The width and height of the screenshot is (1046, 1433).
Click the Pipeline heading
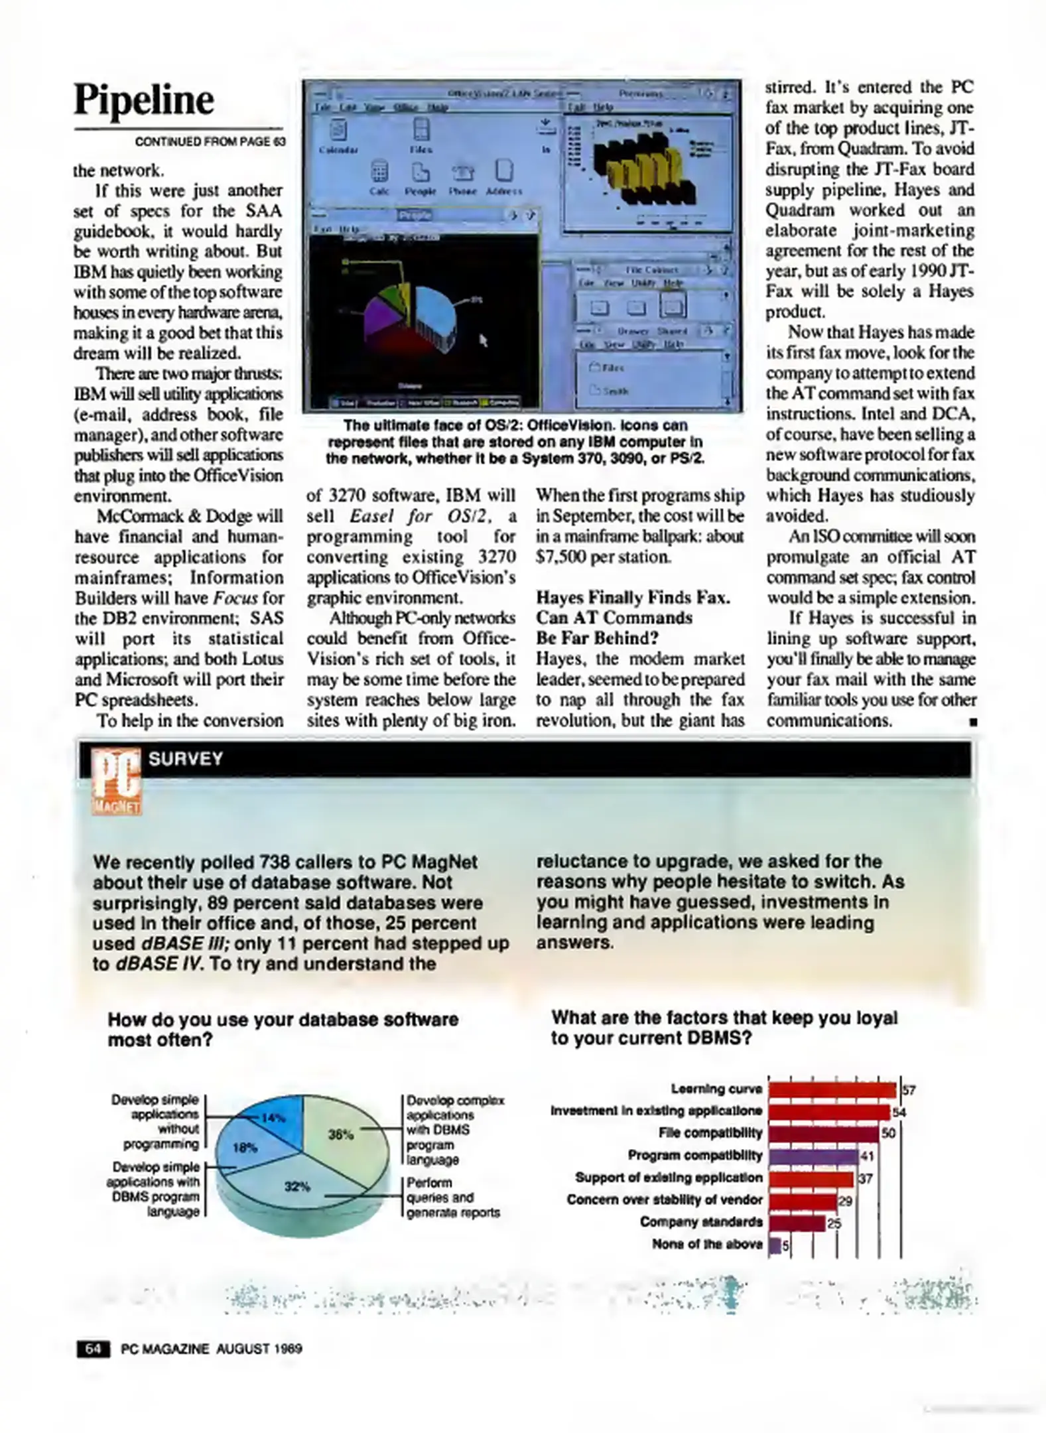tap(144, 100)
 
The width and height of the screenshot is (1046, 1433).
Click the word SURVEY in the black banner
tap(186, 759)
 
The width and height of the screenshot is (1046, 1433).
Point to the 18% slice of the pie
tap(246, 1148)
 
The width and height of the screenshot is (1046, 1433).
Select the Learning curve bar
tap(832, 1090)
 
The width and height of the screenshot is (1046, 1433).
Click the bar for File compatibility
tap(823, 1133)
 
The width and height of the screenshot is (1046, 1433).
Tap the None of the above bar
tap(774, 1245)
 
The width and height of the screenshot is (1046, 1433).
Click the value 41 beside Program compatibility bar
tap(866, 1156)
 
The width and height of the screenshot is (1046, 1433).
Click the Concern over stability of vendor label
tap(664, 1199)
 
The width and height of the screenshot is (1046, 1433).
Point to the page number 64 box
tap(94, 1349)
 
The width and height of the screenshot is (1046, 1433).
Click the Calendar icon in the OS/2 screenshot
tap(339, 131)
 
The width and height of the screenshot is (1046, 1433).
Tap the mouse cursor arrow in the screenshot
tap(484, 340)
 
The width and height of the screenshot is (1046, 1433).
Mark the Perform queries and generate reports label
tap(452, 1198)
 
